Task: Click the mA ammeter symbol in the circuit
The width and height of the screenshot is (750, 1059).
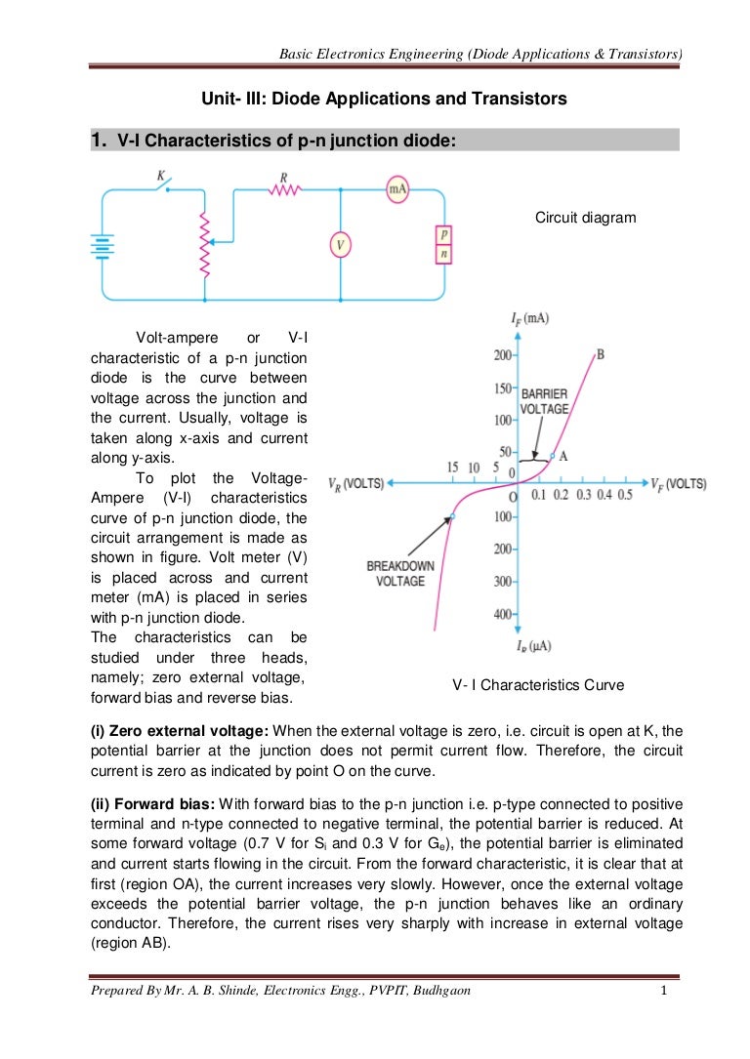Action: [398, 190]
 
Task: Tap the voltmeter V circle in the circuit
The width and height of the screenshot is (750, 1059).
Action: [340, 245]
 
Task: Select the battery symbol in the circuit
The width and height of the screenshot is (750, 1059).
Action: [99, 245]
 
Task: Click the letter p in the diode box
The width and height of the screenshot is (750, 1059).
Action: [444, 234]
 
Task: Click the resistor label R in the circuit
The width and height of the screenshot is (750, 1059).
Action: [283, 178]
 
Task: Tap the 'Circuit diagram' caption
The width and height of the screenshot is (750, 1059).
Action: [585, 218]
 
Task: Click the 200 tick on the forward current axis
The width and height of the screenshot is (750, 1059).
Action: [502, 354]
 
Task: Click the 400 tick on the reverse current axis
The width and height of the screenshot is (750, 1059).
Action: [502, 614]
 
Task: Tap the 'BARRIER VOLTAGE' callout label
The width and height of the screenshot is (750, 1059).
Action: [544, 401]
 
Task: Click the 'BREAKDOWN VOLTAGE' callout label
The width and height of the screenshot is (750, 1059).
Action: [396, 573]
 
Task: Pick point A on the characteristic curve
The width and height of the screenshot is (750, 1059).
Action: [554, 456]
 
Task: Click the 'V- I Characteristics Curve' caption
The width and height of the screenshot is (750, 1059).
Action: [538, 686]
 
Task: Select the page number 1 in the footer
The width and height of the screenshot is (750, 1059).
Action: [663, 992]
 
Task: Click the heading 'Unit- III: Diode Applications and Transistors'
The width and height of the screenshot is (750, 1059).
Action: [384, 100]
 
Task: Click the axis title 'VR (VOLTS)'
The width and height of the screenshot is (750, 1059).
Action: [355, 484]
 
